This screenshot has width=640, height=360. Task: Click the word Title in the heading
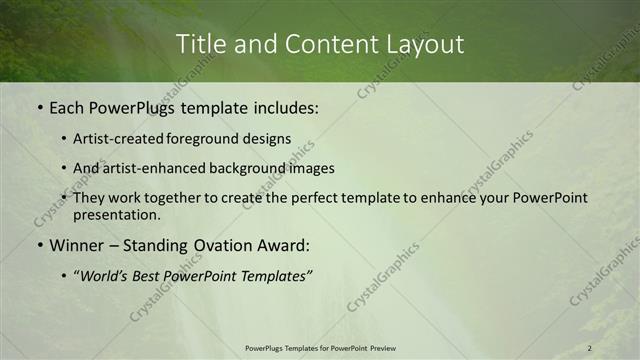pos(200,45)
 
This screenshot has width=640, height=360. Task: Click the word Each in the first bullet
pos(68,107)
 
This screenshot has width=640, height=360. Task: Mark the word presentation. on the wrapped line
pos(117,215)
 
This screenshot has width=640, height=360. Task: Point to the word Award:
pos(283,245)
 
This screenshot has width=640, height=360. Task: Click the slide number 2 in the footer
pos(590,348)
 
